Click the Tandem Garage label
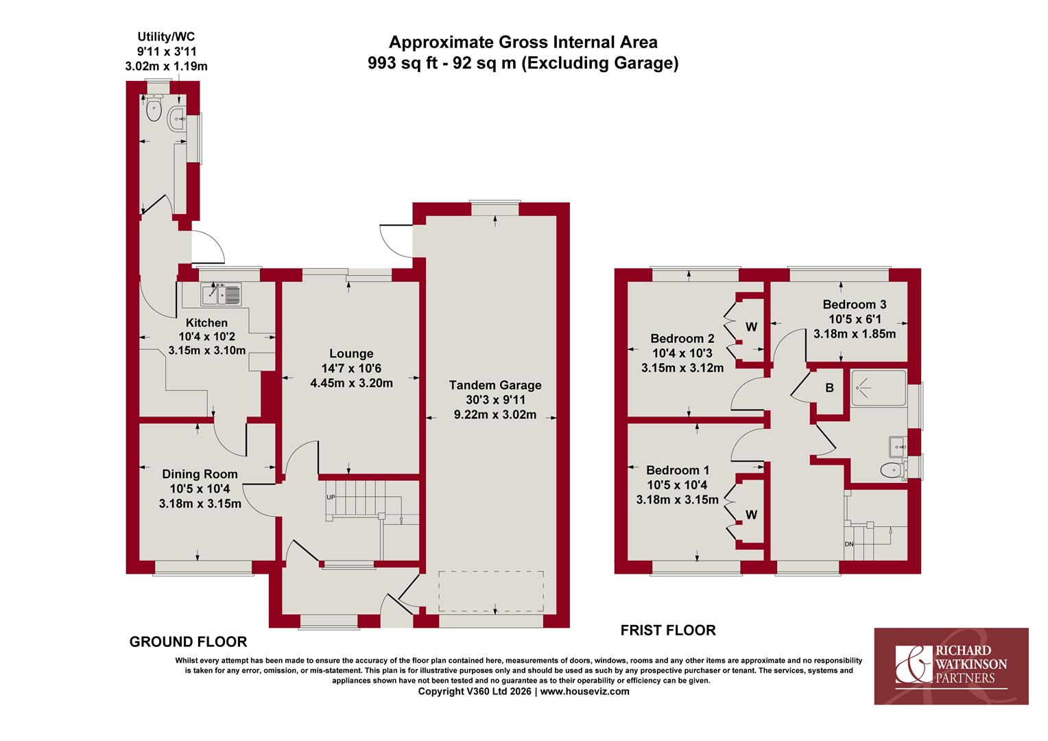(x=495, y=385)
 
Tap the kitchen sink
(x=221, y=294)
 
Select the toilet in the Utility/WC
(x=154, y=107)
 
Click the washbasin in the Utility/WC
(x=178, y=119)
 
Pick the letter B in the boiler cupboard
(x=829, y=388)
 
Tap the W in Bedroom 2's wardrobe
(x=751, y=327)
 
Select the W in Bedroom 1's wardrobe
(x=751, y=515)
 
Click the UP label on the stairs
(x=331, y=497)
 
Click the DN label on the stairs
(x=848, y=544)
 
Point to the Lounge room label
(x=351, y=353)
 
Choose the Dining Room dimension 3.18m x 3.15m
(x=200, y=504)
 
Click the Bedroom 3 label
(x=855, y=304)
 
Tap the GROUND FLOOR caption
(x=188, y=642)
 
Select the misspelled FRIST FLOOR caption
(x=668, y=630)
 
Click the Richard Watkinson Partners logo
(x=951, y=666)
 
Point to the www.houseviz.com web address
(x=585, y=692)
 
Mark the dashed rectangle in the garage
(x=491, y=591)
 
